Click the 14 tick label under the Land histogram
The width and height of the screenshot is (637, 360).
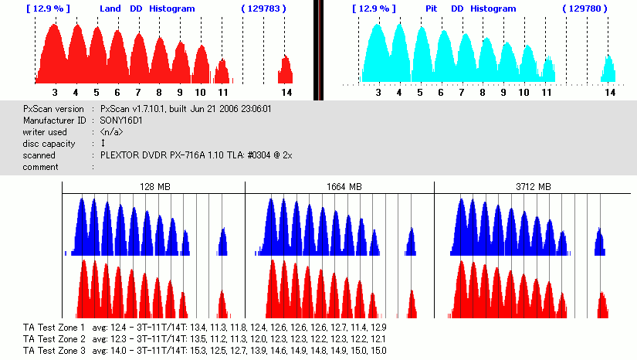click(286, 92)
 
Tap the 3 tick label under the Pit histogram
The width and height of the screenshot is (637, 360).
click(378, 92)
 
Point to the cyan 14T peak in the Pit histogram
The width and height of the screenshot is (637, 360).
click(609, 70)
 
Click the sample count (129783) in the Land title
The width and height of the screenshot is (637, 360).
click(264, 8)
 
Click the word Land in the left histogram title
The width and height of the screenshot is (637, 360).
click(111, 8)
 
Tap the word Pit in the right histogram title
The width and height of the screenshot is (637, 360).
click(432, 8)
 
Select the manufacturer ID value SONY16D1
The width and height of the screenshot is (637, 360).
click(122, 121)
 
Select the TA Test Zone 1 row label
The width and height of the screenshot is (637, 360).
click(54, 328)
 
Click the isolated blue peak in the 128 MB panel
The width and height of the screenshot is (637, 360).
click(222, 243)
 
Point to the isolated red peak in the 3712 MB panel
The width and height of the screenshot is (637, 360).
click(601, 304)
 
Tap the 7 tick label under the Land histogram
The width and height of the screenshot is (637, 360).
click(138, 92)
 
